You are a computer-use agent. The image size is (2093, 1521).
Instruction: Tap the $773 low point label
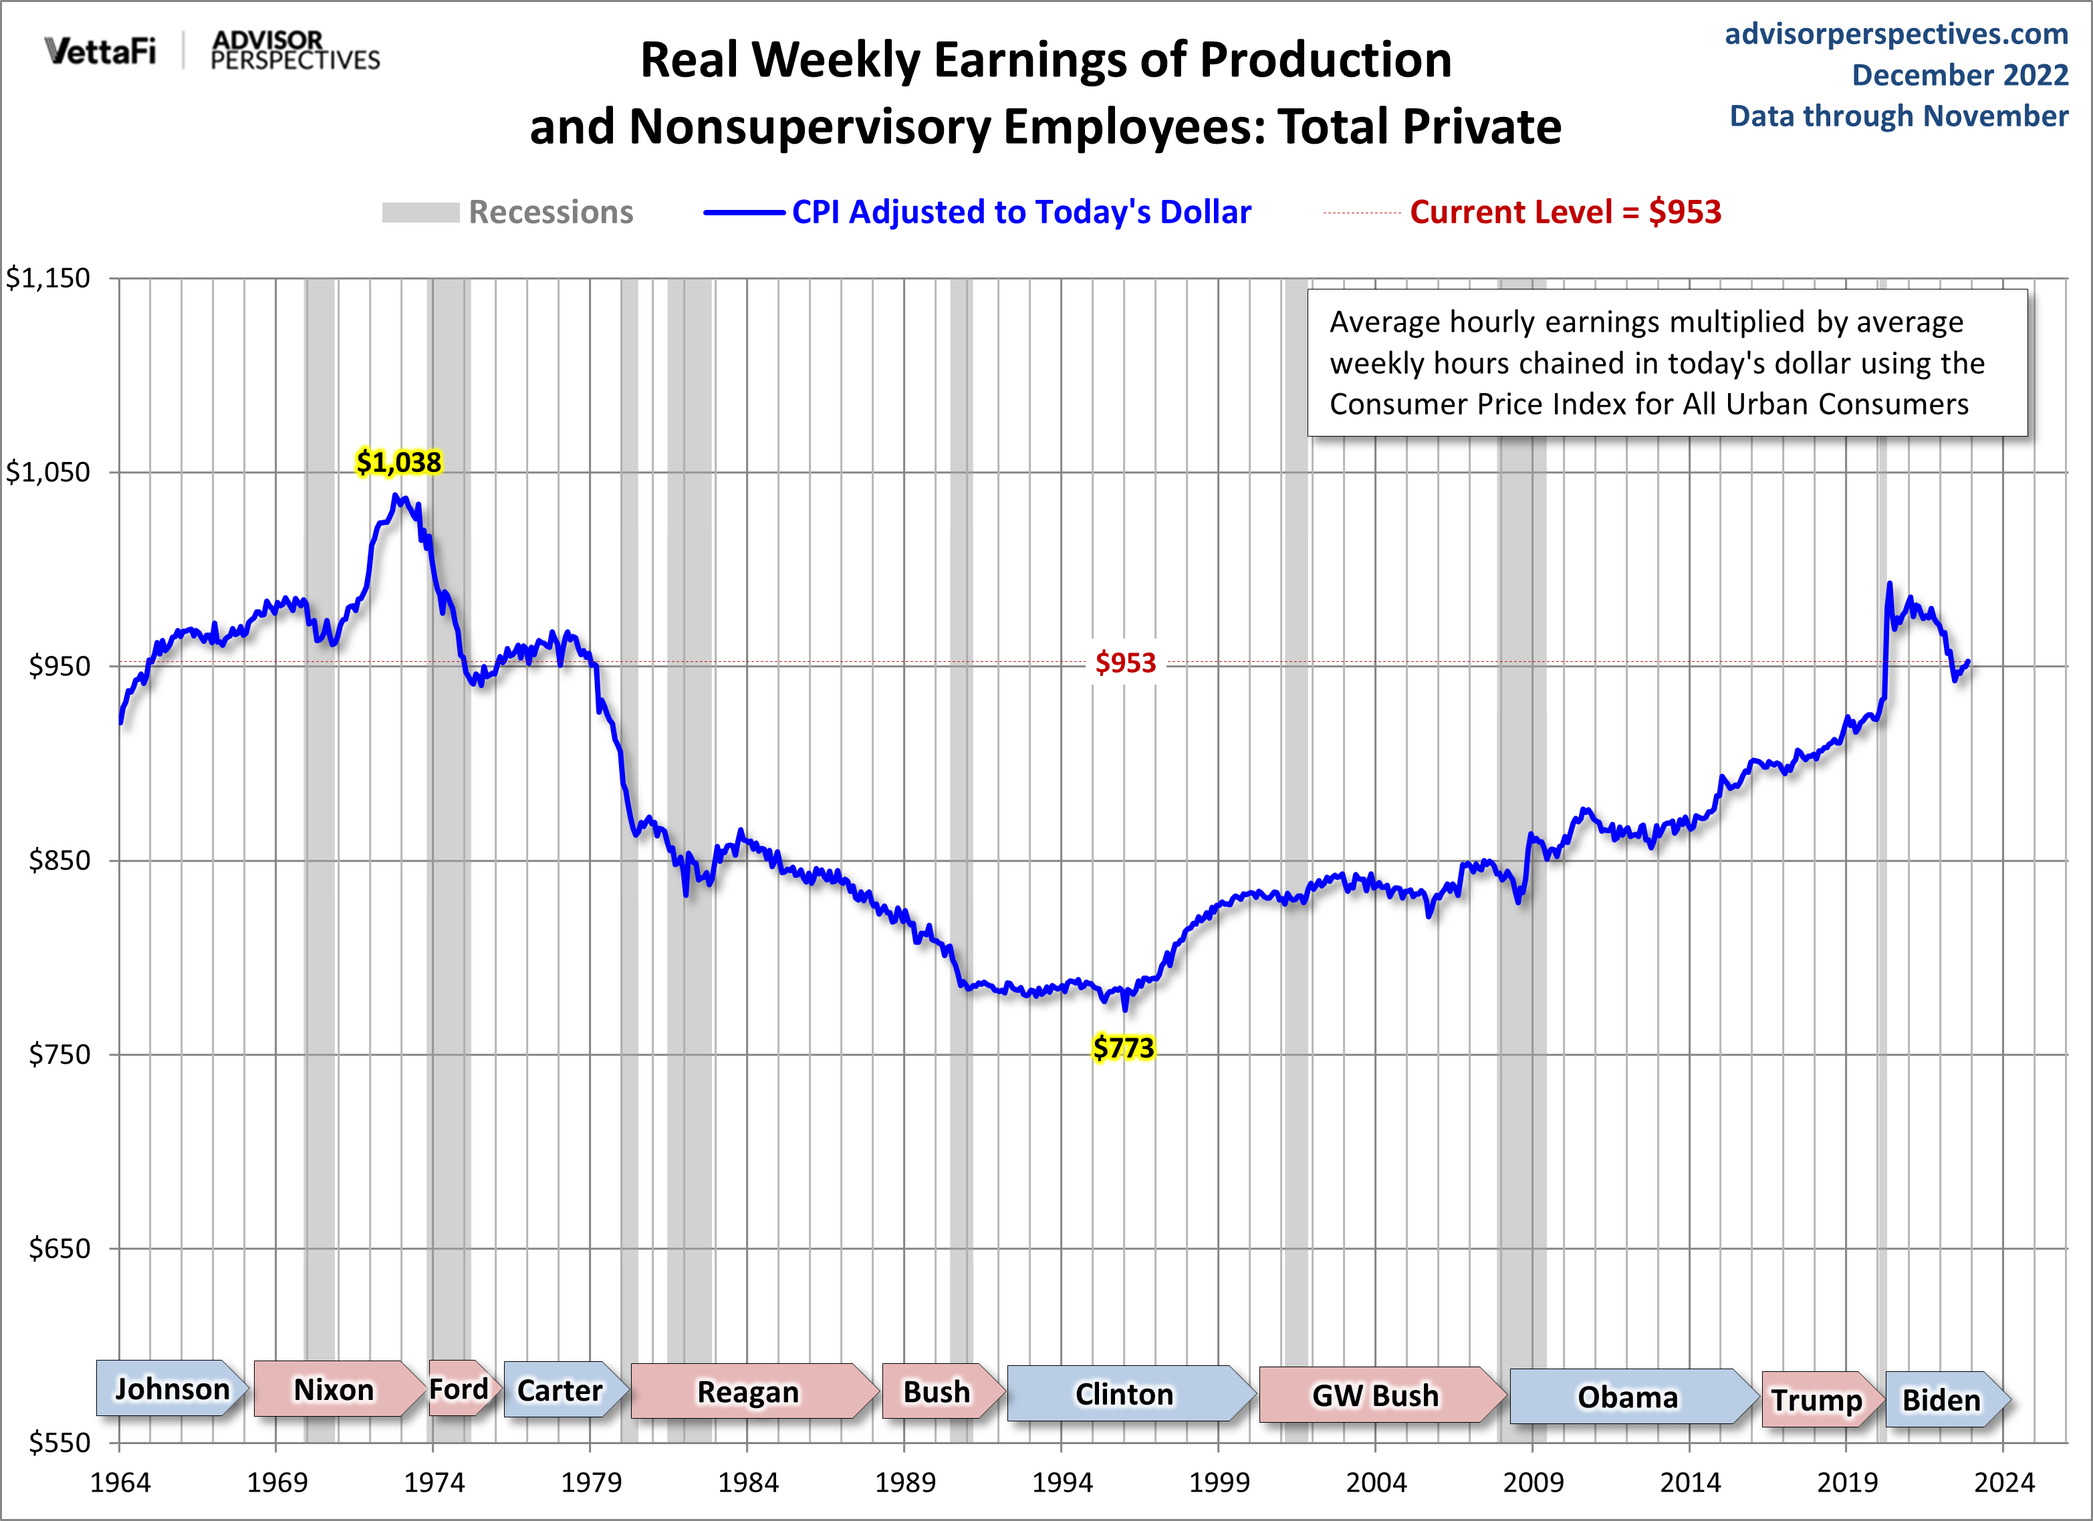(1123, 1048)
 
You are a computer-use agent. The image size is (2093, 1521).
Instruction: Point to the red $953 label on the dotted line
(1125, 663)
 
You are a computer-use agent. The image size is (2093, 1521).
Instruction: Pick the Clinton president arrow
(1125, 1393)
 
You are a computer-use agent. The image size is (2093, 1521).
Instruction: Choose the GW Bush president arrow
(1376, 1395)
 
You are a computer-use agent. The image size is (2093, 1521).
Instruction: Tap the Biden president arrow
(1943, 1399)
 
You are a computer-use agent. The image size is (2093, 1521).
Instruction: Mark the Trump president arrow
(1817, 1399)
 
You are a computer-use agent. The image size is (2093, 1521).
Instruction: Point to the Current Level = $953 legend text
(1565, 213)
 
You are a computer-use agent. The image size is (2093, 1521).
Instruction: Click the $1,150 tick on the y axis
(48, 278)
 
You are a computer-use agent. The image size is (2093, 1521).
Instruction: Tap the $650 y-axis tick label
(59, 1249)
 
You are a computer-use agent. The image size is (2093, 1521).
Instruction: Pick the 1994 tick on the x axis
(1062, 1482)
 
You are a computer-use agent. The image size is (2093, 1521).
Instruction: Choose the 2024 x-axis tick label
(2003, 1482)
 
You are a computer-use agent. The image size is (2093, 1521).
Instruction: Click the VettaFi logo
(100, 50)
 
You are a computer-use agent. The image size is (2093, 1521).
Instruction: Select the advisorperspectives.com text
(1896, 34)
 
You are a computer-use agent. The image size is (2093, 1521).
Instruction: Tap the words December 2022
(1959, 75)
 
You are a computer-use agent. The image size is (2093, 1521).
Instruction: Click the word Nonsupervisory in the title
(810, 126)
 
